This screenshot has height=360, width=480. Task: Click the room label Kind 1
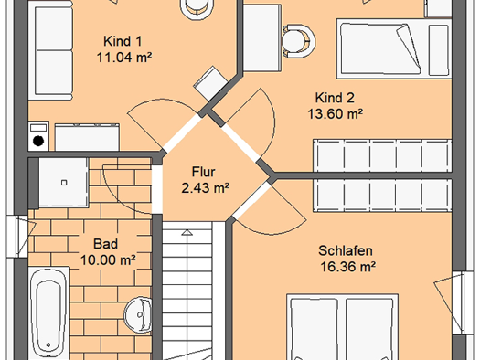123,41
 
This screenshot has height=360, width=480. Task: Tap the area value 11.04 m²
124,58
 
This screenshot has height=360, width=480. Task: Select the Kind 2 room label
335,98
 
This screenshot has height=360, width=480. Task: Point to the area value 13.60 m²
335,114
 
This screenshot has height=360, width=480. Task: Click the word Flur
203,172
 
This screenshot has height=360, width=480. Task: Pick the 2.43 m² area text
205,188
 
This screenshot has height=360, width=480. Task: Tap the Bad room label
105,244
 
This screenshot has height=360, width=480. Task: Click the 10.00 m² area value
108,260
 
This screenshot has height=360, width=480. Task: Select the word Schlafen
346,250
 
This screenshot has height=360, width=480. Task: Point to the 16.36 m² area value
347,267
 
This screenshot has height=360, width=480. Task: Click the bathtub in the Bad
48,313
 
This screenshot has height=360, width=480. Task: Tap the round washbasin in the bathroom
138,314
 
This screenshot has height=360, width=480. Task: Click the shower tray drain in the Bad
64,183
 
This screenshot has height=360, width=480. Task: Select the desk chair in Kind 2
298,41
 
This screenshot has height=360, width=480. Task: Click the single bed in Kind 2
394,49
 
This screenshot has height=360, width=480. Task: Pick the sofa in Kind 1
51,50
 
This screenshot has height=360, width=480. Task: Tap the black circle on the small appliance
38,141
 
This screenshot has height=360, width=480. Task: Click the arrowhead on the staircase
187,233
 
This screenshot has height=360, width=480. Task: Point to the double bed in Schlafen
342,327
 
